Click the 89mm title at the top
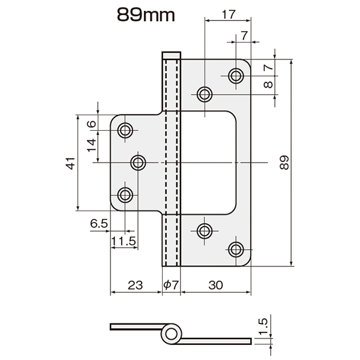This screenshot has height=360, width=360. (146, 15)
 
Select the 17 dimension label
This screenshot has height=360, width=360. (229, 14)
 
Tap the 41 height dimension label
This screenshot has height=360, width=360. (71, 163)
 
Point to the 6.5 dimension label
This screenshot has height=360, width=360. (99, 223)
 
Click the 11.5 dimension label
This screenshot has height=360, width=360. (124, 241)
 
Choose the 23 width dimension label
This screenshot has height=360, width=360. (136, 285)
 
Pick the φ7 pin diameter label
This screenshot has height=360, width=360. (171, 285)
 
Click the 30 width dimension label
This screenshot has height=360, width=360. (215, 285)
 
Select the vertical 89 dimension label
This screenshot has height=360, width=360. (284, 163)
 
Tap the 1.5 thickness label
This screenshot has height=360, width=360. (263, 326)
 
